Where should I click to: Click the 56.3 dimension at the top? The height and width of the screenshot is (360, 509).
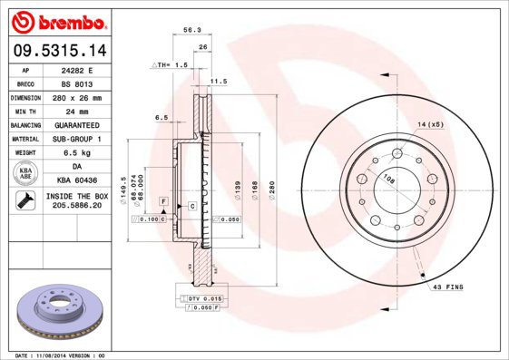coord(191,30)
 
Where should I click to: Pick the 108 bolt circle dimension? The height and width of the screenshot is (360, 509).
coord(388,179)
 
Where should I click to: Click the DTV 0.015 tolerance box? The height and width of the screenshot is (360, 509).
coord(204,298)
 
